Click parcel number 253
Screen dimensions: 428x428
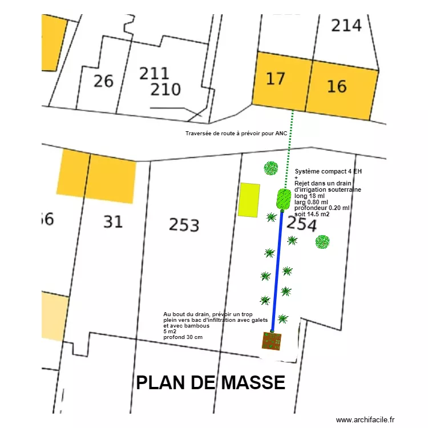184,225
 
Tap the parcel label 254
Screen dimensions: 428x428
301,224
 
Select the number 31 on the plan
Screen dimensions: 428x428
112,221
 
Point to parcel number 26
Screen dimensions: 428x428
103,81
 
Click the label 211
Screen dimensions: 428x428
154,74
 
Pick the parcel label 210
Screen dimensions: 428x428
165,90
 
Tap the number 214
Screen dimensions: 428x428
346,25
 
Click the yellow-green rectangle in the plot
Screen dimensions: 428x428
249,200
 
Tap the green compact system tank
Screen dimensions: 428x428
283,199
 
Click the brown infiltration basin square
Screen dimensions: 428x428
272,341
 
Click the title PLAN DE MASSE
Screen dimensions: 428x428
211,382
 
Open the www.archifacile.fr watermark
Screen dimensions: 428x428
365,419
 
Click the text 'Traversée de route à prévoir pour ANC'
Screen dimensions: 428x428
236,134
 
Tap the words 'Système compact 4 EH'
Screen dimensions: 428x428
328,171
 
